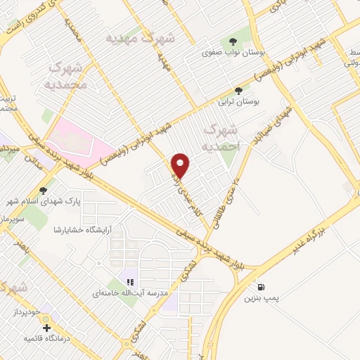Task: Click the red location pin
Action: click(x=181, y=165)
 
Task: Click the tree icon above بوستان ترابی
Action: click(x=239, y=91)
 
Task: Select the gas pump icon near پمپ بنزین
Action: click(x=262, y=287)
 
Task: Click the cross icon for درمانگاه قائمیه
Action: click(x=46, y=328)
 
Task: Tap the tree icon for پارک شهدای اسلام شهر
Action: click(x=44, y=190)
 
